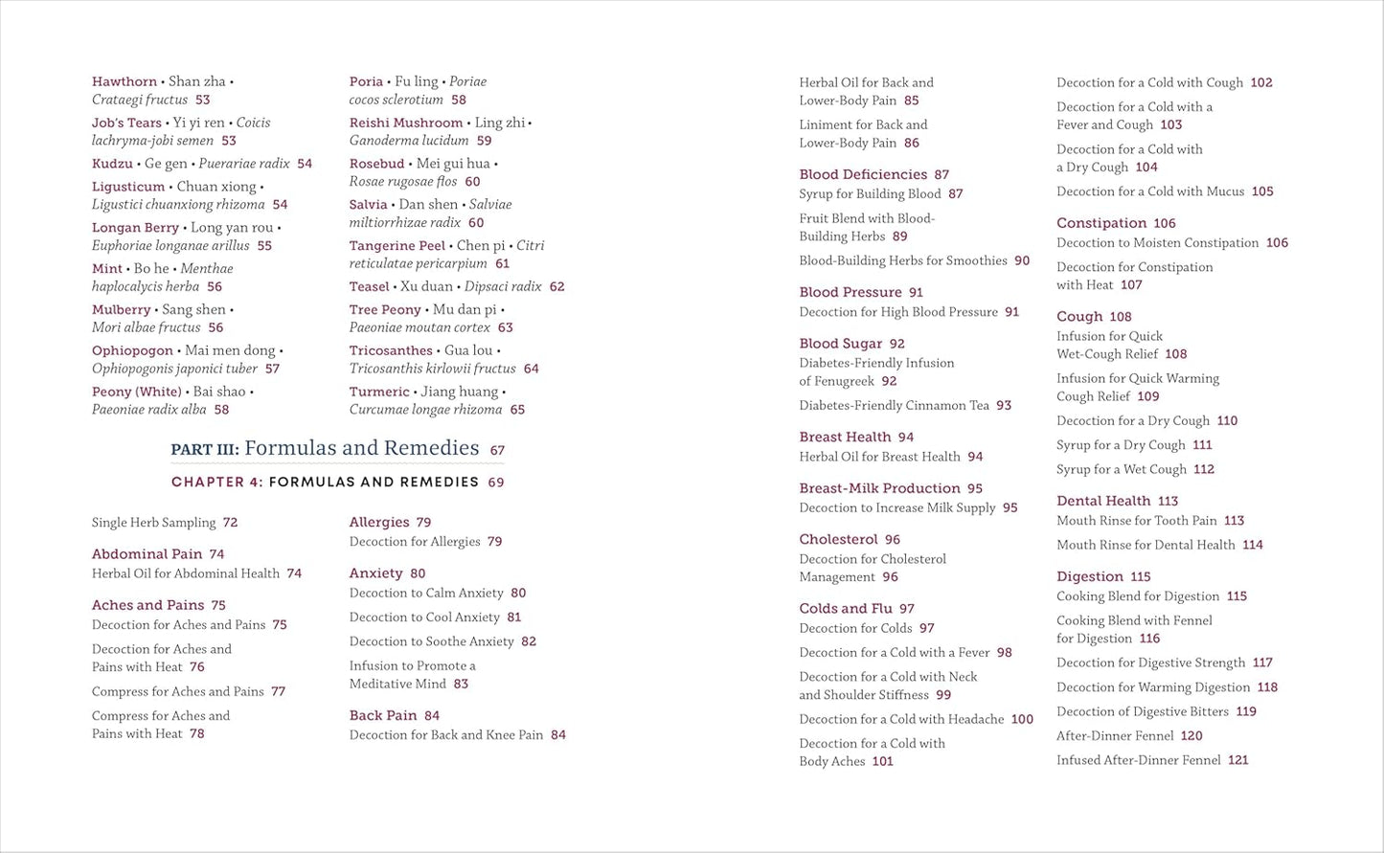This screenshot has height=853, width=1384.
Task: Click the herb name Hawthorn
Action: click(x=125, y=82)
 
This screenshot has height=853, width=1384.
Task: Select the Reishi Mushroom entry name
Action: click(x=406, y=123)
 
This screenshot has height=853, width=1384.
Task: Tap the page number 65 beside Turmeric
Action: click(x=517, y=410)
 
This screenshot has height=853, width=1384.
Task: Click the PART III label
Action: click(x=205, y=449)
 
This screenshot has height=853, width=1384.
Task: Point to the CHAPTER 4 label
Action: click(x=216, y=483)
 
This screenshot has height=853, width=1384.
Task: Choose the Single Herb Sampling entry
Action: click(x=153, y=523)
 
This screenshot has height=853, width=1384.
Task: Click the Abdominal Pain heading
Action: click(x=147, y=554)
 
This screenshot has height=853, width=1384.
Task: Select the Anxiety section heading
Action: click(x=375, y=573)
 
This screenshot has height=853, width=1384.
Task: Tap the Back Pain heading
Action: click(x=383, y=715)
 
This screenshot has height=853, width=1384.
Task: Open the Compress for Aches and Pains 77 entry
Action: click(x=177, y=691)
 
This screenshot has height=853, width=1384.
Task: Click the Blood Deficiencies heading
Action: click(x=863, y=174)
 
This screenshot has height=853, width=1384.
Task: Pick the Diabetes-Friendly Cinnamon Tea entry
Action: click(x=894, y=405)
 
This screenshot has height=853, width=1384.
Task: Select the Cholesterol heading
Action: click(x=838, y=539)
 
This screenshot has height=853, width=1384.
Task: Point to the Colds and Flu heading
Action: click(x=846, y=609)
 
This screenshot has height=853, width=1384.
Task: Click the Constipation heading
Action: click(x=1101, y=223)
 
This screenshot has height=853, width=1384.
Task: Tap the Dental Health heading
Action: click(x=1103, y=501)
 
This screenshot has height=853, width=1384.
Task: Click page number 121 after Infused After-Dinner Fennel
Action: click(x=1238, y=760)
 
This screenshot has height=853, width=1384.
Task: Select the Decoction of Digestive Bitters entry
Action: click(x=1143, y=711)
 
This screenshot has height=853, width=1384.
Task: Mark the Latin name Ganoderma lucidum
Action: click(x=409, y=141)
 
